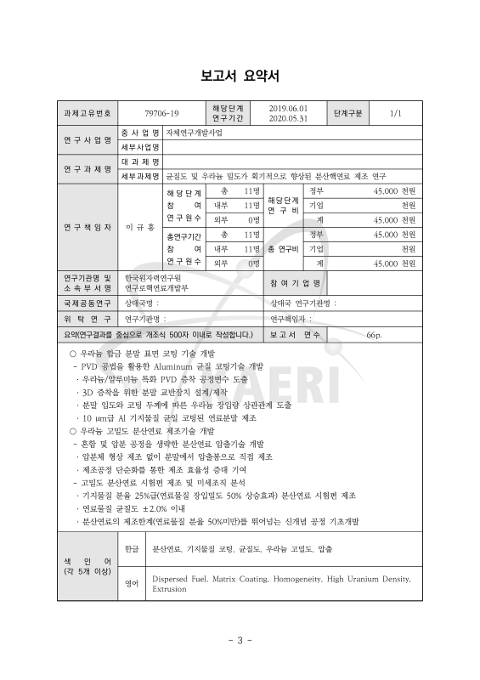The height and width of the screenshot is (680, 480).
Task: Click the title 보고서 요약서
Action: (240, 74)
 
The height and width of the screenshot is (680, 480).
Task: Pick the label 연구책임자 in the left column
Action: (86, 228)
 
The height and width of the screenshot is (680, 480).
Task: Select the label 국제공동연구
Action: (86, 302)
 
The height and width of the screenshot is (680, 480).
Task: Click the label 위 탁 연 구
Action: (86, 318)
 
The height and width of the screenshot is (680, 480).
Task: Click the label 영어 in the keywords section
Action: (131, 582)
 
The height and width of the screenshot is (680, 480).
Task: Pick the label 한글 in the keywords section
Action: (131, 549)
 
